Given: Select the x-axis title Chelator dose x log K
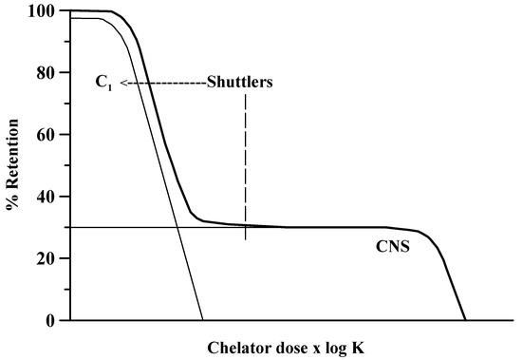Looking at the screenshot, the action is (285, 347).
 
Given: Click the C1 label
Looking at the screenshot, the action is (103, 83).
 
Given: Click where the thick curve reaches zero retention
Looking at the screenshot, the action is (464, 320).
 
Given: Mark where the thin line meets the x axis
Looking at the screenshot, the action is (203, 320).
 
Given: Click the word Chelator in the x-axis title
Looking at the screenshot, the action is (238, 347).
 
